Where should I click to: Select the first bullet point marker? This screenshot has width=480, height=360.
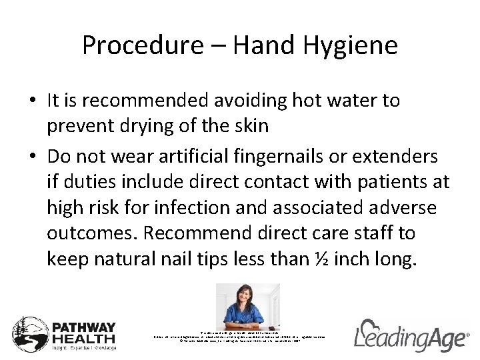click(33, 101)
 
